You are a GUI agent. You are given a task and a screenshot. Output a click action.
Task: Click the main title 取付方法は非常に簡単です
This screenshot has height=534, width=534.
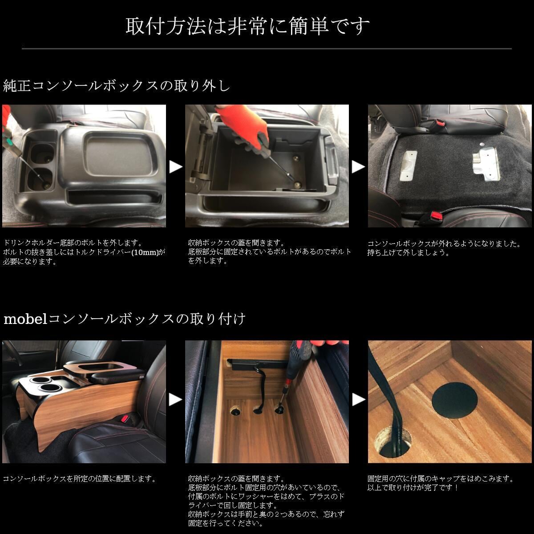[x=247, y=26]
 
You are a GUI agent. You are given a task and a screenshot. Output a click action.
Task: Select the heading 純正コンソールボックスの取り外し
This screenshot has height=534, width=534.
[x=117, y=85]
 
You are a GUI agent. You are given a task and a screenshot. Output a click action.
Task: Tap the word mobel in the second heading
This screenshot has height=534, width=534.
[x=25, y=319]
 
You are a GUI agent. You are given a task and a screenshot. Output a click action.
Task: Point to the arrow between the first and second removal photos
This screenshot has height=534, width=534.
[x=176, y=167]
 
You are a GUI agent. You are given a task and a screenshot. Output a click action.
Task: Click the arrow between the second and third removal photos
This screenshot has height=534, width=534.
[x=358, y=167]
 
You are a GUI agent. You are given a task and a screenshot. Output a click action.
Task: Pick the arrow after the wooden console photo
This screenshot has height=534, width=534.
[x=176, y=400]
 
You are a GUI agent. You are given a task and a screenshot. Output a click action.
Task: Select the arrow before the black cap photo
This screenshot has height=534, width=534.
[x=358, y=400]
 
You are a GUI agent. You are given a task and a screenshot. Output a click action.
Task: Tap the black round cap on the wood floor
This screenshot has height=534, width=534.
[x=454, y=400]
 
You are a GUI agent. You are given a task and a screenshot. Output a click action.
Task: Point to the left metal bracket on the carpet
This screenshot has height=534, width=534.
[x=408, y=166]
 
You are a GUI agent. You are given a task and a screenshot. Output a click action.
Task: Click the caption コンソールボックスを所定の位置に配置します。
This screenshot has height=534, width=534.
[x=80, y=478]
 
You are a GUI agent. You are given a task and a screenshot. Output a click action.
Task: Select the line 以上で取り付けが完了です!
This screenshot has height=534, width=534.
[x=413, y=487]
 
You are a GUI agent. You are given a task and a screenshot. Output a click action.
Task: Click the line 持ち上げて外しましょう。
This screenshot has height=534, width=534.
[x=408, y=252]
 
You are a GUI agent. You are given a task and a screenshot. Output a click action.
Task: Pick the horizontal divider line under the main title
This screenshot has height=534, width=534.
[x=267, y=49]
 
